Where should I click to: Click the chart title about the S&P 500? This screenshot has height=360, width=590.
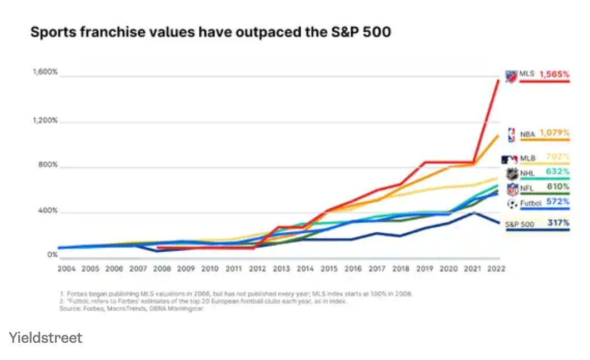coord(211,32)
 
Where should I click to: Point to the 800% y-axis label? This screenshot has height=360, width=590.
coord(47,165)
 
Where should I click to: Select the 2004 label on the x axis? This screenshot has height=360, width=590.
coord(67,268)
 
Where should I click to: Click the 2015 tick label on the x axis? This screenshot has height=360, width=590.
coord(329,268)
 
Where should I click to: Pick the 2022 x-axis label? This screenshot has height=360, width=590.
coord(496,268)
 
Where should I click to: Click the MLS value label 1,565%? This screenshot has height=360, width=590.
coord(554,74)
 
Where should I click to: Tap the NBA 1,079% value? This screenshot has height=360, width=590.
coord(554,133)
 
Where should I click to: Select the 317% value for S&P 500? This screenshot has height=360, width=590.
coord(558,223)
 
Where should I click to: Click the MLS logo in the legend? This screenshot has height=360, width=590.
coord(511,76)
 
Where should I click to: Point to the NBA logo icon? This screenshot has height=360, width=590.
coord(511,134)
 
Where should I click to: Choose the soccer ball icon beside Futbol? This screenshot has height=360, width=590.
coord(512,204)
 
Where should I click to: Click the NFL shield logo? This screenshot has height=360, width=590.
coord(512,189)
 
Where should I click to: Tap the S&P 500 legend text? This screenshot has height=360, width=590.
coord(520,224)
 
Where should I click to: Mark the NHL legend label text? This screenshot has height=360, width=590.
coord(528,173)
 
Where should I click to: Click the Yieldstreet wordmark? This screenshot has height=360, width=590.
coord(46,337)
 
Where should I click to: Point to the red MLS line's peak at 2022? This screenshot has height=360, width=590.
coord(498,81)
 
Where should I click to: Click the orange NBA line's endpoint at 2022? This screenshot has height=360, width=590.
coord(498,135)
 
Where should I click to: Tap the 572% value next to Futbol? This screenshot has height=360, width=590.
coord(557,202)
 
